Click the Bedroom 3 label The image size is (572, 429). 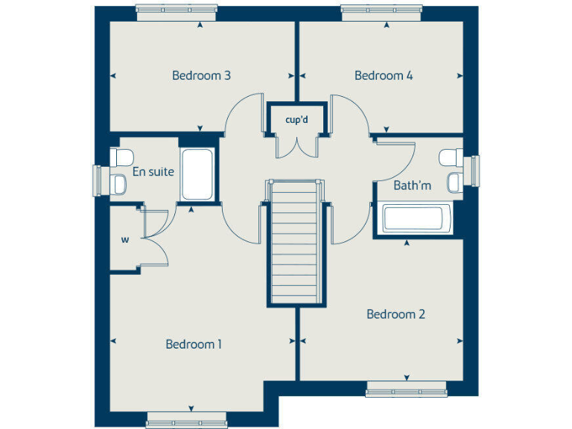(x=201, y=75)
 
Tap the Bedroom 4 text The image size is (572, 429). (x=384, y=75)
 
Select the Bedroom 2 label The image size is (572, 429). (x=395, y=314)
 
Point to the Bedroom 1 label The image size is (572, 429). (x=194, y=344)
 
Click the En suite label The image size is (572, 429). (x=153, y=171)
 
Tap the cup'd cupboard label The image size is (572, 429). (x=296, y=119)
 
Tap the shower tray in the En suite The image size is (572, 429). (x=197, y=174)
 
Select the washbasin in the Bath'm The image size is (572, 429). (x=453, y=181)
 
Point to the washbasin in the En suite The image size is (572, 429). (x=118, y=182)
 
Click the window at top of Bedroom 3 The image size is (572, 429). (x=177, y=10)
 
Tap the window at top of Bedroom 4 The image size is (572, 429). (x=381, y=10)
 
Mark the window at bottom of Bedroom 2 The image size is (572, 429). (x=407, y=389)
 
